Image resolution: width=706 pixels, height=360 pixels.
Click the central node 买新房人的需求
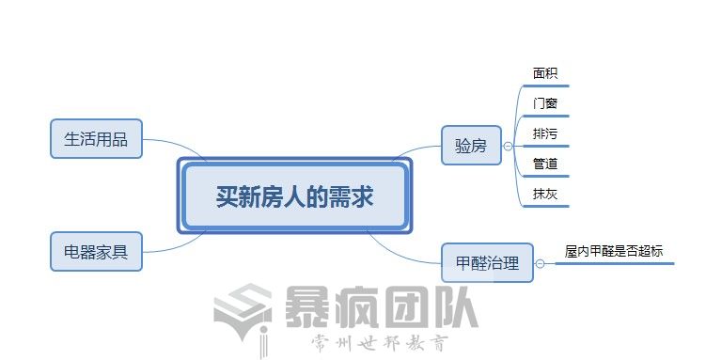[x=294, y=197]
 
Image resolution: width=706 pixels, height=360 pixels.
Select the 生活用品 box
[x=96, y=140]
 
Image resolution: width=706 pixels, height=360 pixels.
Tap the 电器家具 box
[x=96, y=252]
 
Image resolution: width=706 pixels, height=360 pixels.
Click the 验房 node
[x=471, y=146]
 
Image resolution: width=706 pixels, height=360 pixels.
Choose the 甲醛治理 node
[x=486, y=263]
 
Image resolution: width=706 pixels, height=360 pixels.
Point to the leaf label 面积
[x=545, y=73]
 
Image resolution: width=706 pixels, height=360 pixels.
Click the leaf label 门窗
[x=545, y=103]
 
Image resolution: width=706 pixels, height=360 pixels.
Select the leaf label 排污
[x=545, y=133]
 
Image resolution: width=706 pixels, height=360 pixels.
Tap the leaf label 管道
[x=545, y=164]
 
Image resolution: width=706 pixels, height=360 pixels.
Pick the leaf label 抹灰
[x=545, y=194]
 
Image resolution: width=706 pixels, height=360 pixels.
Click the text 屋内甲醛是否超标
[x=613, y=251]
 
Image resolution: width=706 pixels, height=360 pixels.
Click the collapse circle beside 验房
[x=508, y=147]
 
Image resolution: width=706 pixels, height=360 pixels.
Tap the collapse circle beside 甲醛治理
[x=540, y=264]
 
